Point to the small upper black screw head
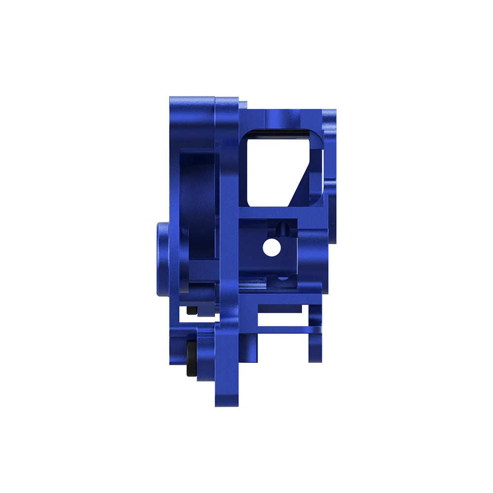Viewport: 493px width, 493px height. point(192,310)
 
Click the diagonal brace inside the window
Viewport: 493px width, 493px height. point(303,180)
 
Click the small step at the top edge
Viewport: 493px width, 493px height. point(243,105)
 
